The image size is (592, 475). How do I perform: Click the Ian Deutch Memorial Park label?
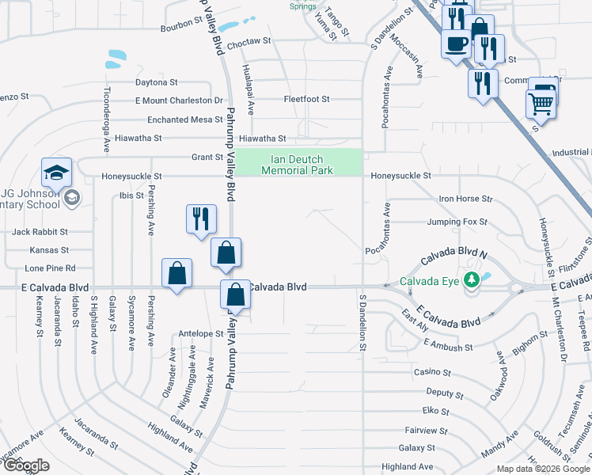pos(296,165)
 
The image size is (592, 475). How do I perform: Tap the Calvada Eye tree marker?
pos(472,279)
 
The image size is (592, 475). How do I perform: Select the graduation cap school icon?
pos(57,173)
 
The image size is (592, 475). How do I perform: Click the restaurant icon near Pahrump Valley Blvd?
pos(200,218)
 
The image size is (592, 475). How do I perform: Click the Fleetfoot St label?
pos(306,99)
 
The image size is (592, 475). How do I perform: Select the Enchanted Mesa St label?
pos(185,120)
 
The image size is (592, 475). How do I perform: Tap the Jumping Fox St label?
pos(457,222)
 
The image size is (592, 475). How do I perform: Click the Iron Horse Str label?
pos(466,199)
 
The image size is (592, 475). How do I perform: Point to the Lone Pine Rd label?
pos(49,268)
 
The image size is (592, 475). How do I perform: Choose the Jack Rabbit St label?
pos(40,232)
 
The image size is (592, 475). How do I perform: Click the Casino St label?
pos(432,372)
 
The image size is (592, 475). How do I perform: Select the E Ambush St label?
pos(448,346)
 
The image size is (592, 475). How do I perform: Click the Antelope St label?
pos(201,333)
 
